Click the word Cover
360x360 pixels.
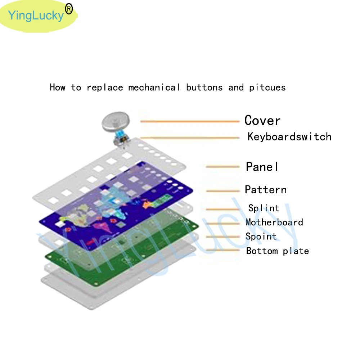262,120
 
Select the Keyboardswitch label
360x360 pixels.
289,137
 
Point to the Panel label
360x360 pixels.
262,167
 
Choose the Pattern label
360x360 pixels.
266,190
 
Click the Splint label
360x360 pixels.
264,208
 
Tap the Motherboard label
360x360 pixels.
274,222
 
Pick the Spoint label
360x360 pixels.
261,237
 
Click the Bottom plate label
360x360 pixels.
277,251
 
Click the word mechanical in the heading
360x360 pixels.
154,87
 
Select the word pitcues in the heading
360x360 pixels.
267,87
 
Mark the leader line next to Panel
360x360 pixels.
222,167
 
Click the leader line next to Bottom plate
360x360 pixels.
222,250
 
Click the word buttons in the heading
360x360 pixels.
204,87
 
